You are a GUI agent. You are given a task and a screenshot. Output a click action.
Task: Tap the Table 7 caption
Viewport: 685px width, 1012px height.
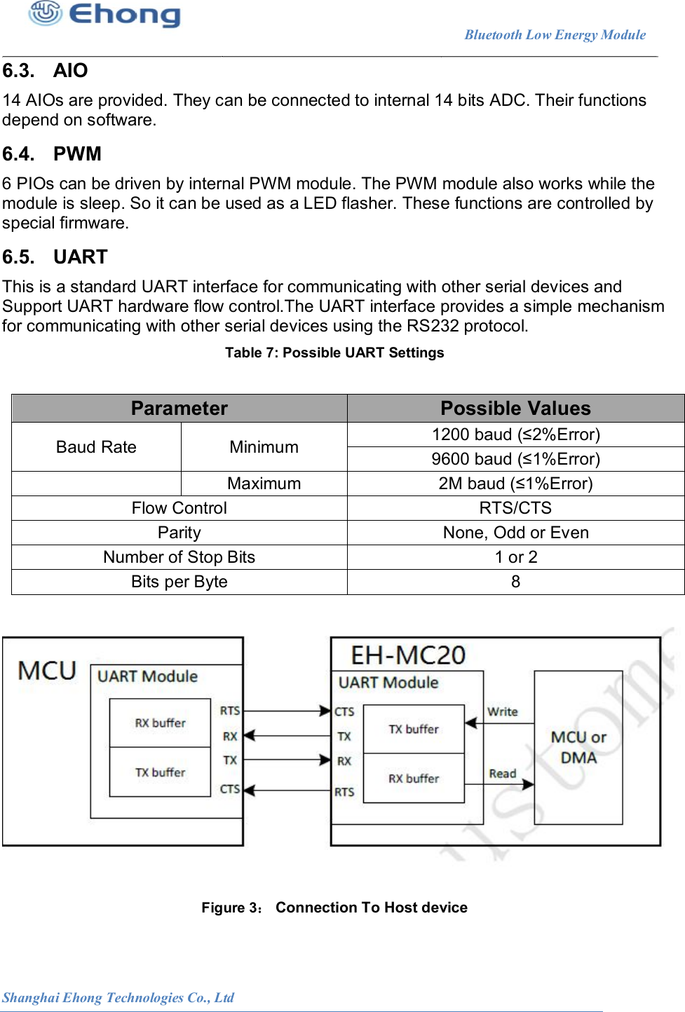(334, 353)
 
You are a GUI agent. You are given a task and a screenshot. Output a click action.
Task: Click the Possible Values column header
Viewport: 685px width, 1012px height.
(515, 408)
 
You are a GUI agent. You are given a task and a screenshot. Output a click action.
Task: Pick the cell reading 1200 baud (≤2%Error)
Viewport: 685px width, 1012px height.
(515, 435)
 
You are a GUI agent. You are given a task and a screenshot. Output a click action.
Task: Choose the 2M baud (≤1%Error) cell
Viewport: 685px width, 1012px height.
(515, 484)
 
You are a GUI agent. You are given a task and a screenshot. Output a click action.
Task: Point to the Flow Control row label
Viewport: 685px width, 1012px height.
(179, 508)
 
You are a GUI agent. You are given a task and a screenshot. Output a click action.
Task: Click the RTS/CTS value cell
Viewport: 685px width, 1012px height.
(515, 508)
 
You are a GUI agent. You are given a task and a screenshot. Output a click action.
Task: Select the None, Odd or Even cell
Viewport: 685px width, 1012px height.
(515, 533)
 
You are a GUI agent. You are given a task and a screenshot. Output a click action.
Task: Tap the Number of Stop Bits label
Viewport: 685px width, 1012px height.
(179, 557)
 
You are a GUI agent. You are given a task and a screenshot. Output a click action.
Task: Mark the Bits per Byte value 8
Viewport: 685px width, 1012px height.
(515, 582)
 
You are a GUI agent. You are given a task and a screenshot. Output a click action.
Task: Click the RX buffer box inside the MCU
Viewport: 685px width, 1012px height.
(160, 723)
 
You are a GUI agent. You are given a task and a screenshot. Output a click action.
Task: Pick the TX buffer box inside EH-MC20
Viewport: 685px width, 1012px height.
(414, 729)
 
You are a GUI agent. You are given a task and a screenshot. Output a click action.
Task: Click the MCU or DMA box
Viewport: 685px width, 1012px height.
(578, 747)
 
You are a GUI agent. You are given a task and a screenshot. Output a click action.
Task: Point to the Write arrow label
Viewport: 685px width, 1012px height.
(503, 711)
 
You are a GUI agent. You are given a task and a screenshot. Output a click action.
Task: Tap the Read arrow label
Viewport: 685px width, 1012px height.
(503, 773)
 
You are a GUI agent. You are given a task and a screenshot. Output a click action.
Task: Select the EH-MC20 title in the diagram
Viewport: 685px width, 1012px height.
(408, 655)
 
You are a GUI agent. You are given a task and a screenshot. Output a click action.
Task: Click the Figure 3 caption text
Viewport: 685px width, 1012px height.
(334, 908)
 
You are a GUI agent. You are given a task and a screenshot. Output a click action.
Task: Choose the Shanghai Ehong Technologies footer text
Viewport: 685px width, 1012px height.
(118, 997)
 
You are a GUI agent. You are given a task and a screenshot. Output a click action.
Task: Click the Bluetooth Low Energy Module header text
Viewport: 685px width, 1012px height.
(555, 35)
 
